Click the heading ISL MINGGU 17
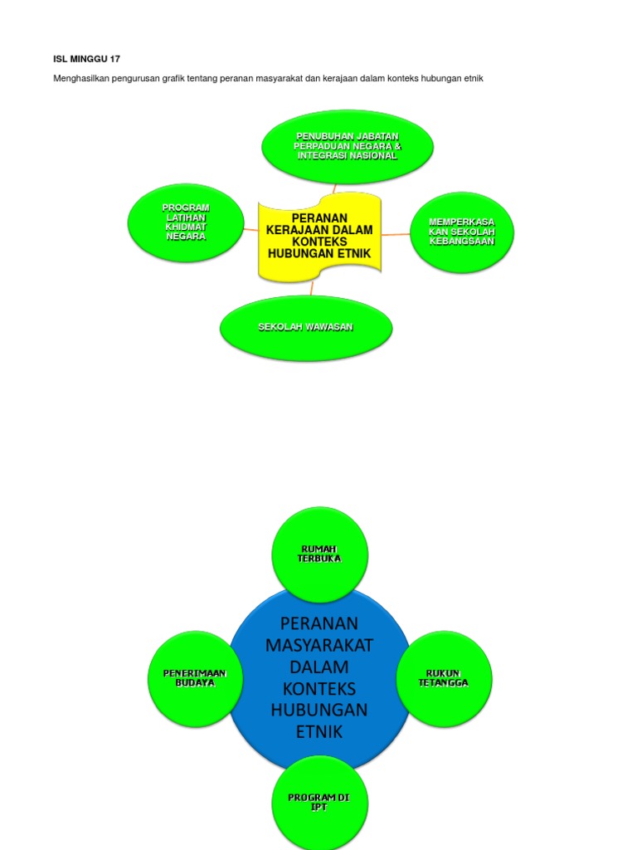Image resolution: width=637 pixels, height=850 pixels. pyautogui.click(x=86, y=59)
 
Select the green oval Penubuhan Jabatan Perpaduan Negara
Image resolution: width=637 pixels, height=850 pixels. pyautogui.click(x=348, y=146)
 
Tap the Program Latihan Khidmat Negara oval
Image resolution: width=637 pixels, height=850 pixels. pyautogui.click(x=186, y=222)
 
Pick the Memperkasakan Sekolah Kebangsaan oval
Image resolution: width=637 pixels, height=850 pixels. pyautogui.click(x=462, y=232)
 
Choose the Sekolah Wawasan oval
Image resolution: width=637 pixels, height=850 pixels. pyautogui.click(x=305, y=327)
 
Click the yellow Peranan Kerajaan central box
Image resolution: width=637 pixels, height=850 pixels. pyautogui.click(x=319, y=236)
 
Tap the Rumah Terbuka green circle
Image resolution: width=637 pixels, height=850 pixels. pyautogui.click(x=319, y=554)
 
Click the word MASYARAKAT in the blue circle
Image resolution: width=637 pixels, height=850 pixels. pyautogui.click(x=319, y=645)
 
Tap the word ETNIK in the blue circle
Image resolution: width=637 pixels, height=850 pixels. pyautogui.click(x=319, y=731)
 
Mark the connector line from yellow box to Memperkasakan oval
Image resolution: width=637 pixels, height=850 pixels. pyautogui.click(x=396, y=235)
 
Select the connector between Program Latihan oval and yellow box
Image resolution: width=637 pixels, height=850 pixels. pyautogui.click(x=250, y=227)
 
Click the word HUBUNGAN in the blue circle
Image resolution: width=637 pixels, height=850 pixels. pyautogui.click(x=319, y=710)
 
